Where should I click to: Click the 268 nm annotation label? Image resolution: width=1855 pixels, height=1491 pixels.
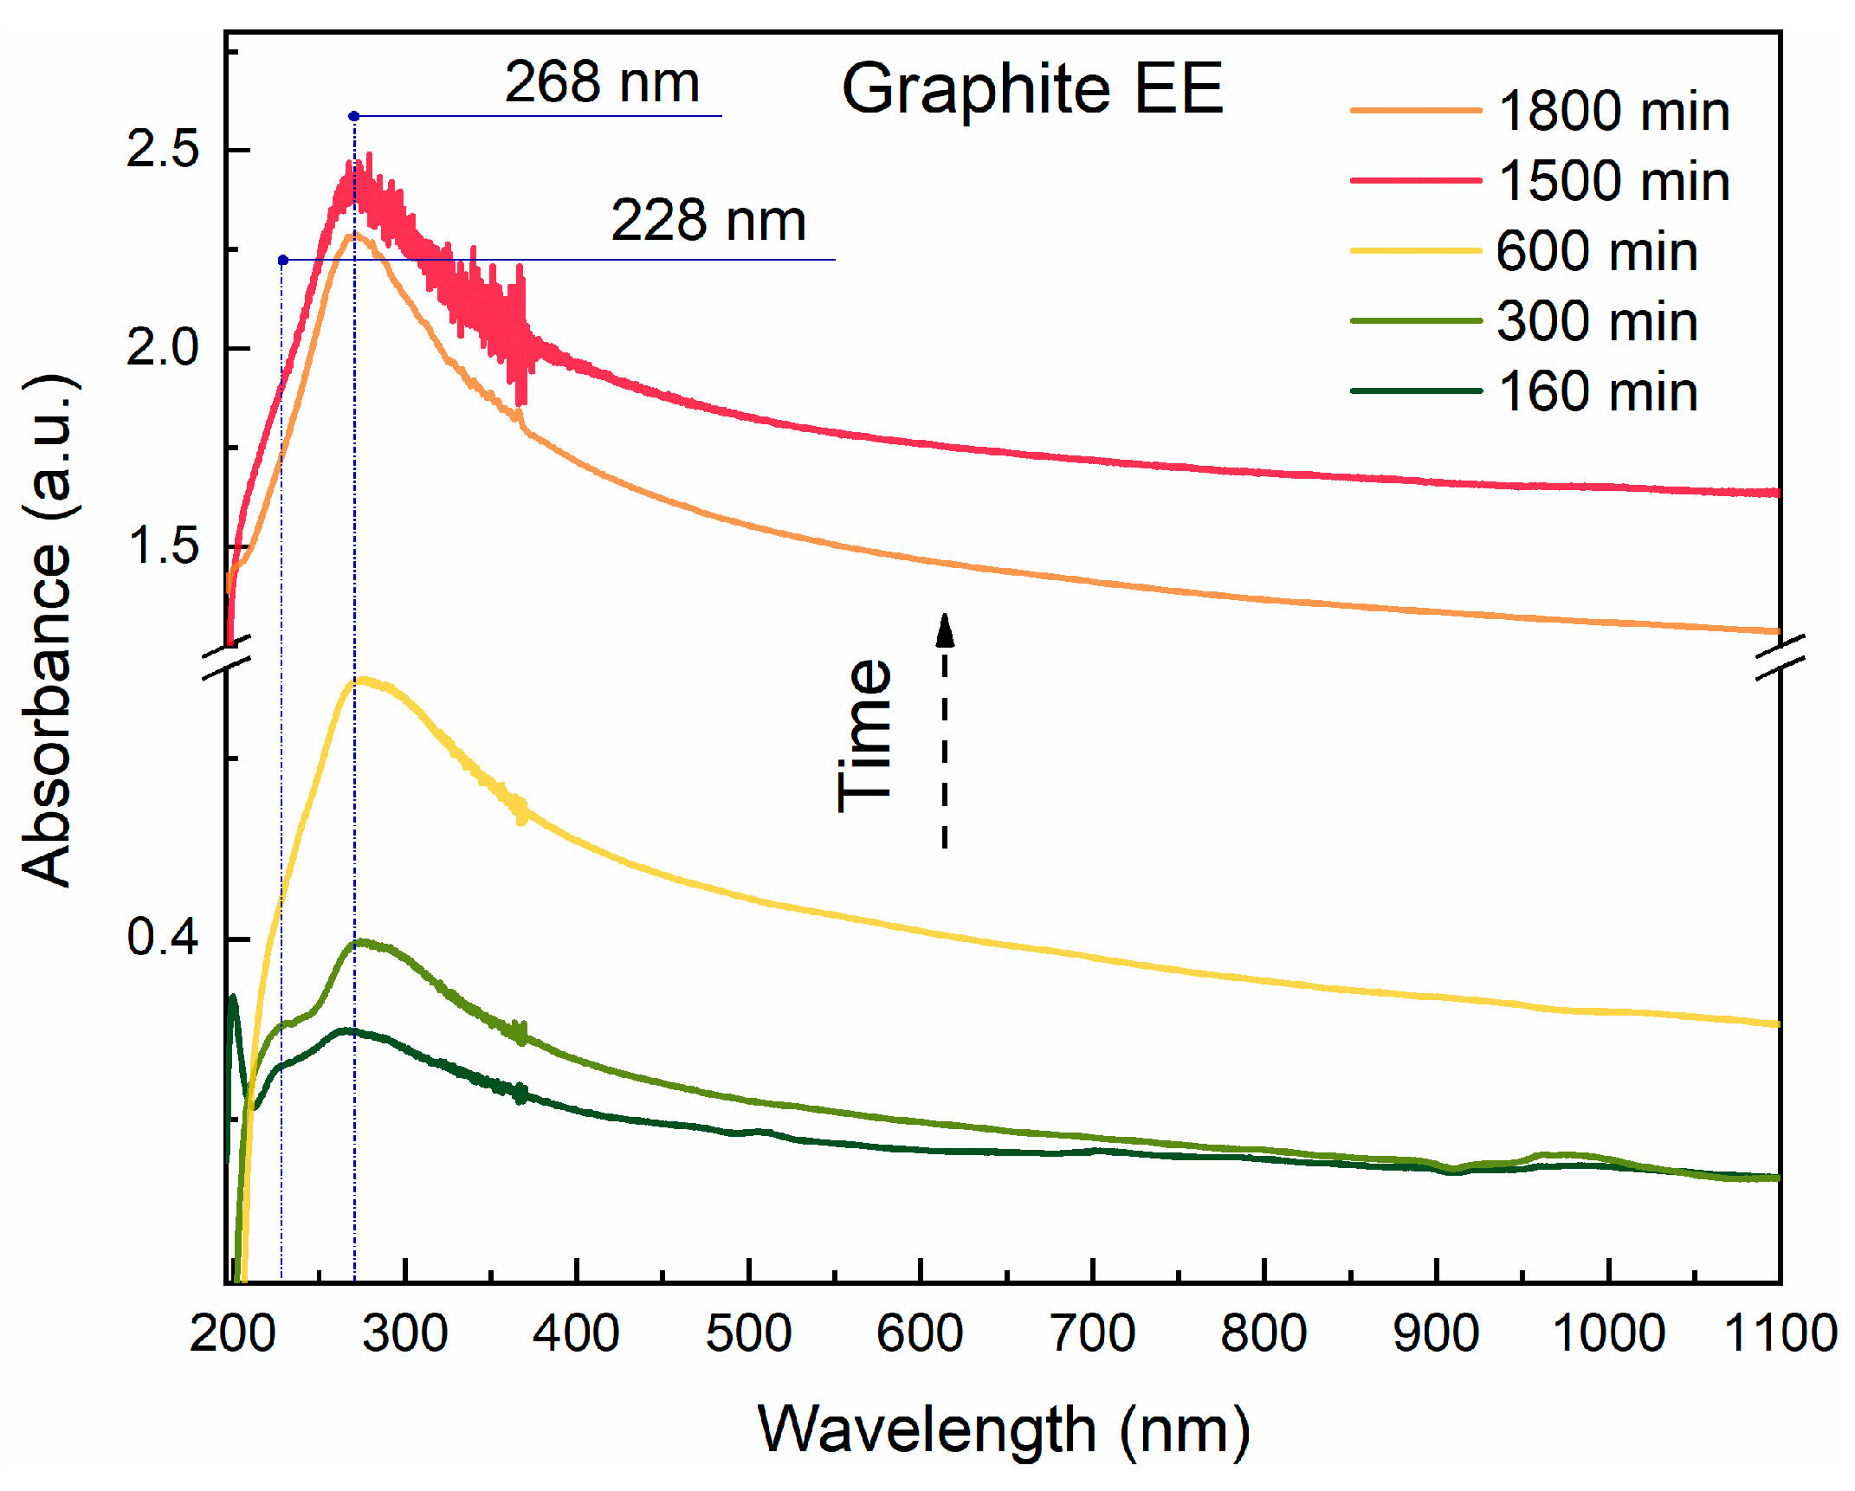[x=601, y=83]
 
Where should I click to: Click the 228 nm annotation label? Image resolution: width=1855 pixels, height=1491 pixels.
[x=708, y=221]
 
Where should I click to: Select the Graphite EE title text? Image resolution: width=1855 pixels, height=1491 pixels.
[x=1031, y=88]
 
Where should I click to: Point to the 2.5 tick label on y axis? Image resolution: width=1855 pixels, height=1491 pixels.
[x=162, y=150]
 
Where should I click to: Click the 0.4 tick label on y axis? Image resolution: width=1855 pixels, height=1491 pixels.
[x=162, y=937]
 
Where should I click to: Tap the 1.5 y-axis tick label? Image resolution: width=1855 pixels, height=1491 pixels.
[x=162, y=545]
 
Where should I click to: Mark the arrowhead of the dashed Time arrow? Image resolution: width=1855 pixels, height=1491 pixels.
[x=945, y=629]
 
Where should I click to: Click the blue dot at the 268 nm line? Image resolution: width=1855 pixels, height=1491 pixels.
[x=353, y=116]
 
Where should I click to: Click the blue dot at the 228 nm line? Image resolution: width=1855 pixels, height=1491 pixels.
[x=282, y=260]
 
